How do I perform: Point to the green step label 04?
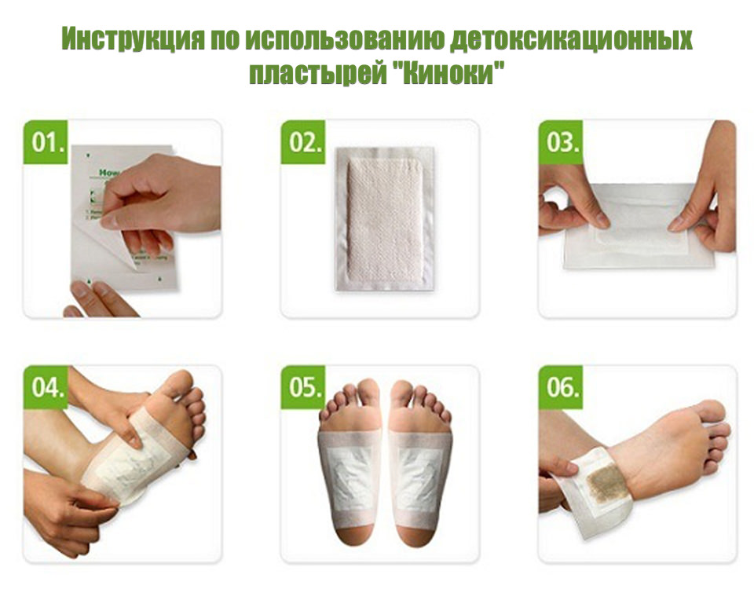(x=46, y=388)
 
